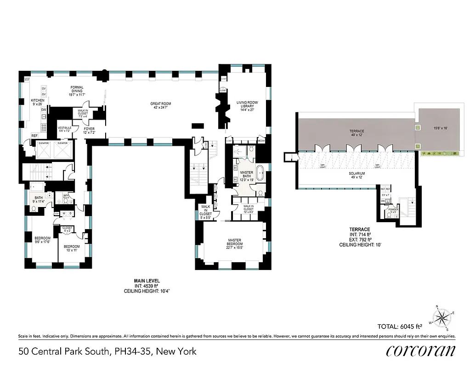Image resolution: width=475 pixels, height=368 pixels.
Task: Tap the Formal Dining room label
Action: click(76, 89)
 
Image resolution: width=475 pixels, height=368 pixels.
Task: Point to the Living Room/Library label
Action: click(247, 104)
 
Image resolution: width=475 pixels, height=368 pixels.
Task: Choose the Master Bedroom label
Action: click(235, 242)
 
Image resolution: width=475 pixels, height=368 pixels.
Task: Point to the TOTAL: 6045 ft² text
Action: click(399, 327)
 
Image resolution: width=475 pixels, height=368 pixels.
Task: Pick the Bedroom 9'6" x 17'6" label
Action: click(42, 240)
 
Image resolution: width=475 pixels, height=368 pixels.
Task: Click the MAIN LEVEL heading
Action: click(147, 280)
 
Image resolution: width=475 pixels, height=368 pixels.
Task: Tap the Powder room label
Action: click(393, 210)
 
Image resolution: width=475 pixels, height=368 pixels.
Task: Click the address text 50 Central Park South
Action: click(107, 351)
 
